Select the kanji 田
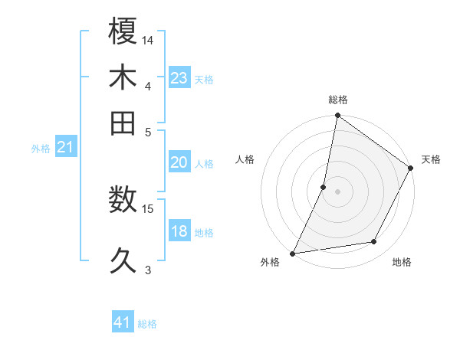pos(123,123)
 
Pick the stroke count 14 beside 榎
pos(149,38)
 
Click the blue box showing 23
pos(179,77)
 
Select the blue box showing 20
pos(179,162)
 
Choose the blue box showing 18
pos(179,231)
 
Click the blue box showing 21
pos(65,146)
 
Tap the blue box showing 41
pos(123,322)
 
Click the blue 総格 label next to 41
pos(147,324)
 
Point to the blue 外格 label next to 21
pos(41,149)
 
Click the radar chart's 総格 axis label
pos(337,100)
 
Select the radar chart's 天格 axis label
pos(431,159)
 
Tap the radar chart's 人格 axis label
pos(245,159)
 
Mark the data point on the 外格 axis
pos(292,253)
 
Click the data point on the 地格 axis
pos(374,242)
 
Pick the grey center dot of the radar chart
pos(337,191)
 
